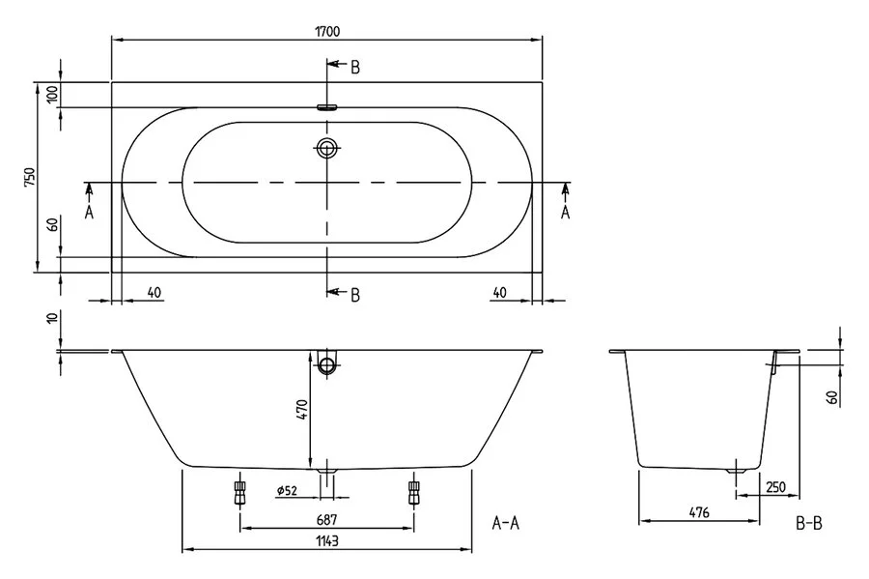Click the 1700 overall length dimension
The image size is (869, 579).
pyautogui.click(x=327, y=31)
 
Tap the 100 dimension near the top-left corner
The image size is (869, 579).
pyautogui.click(x=52, y=95)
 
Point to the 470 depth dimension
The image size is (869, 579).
pyautogui.click(x=300, y=410)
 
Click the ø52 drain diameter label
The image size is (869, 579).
pyautogui.click(x=287, y=492)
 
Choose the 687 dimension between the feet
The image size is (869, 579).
pyautogui.click(x=325, y=519)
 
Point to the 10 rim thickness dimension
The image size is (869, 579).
pyautogui.click(x=52, y=321)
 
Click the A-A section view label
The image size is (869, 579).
pyautogui.click(x=506, y=524)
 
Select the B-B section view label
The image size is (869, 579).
pyautogui.click(x=808, y=524)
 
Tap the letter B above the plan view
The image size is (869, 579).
pyautogui.click(x=354, y=67)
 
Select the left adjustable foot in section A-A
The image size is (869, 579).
pyautogui.click(x=238, y=492)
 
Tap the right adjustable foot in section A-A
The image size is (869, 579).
pyautogui.click(x=414, y=492)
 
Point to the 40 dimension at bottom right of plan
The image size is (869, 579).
pyautogui.click(x=498, y=293)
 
